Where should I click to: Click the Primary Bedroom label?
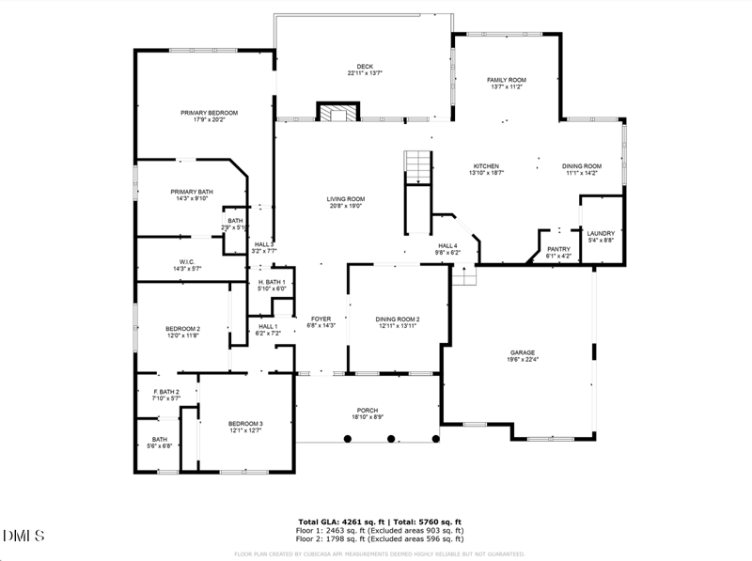(210, 113)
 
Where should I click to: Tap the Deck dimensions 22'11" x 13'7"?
(365, 72)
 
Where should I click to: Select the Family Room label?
(506, 80)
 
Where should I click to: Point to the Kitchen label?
(486, 166)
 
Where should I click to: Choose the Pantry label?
(559, 249)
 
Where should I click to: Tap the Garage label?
(524, 352)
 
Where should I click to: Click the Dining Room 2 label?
(398, 319)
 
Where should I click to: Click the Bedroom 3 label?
(245, 424)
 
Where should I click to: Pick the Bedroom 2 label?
(184, 328)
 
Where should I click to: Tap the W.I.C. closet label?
(187, 262)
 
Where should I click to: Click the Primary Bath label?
(192, 192)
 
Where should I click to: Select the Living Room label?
(346, 199)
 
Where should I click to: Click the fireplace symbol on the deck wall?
(337, 114)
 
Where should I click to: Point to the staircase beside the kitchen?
(417, 166)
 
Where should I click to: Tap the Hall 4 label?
(447, 246)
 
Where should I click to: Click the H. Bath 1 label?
(272, 282)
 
